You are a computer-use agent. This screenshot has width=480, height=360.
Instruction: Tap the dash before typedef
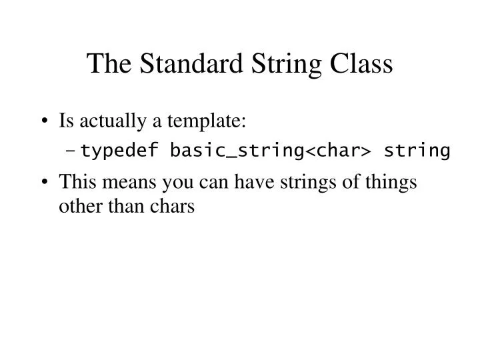coord(71,151)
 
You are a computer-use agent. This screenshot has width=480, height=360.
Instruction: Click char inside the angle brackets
coord(336,151)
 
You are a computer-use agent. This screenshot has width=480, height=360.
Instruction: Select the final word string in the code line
coord(417,151)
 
